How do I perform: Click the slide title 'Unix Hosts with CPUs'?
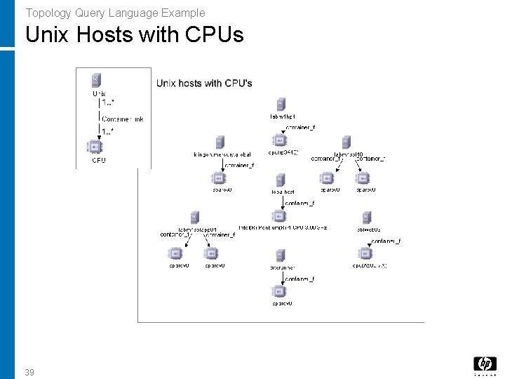(x=134, y=34)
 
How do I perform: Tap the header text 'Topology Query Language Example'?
(x=115, y=12)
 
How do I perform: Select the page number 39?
(x=29, y=372)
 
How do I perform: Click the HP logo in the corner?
(x=484, y=365)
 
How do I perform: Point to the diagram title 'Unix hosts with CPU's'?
(x=204, y=84)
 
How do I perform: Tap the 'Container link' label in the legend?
(x=123, y=119)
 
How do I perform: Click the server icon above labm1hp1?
(x=280, y=104)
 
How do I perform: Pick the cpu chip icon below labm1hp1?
(x=280, y=142)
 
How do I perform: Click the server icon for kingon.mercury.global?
(x=220, y=142)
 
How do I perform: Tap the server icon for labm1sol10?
(x=346, y=142)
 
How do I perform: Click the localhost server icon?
(x=280, y=179)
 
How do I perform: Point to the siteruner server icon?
(x=280, y=255)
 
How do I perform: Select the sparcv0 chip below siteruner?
(x=280, y=291)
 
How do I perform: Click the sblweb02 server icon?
(x=366, y=217)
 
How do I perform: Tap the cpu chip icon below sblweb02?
(x=366, y=254)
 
